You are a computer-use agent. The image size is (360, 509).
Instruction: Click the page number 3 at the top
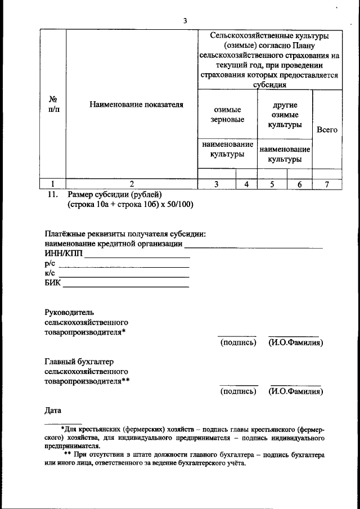[184, 21]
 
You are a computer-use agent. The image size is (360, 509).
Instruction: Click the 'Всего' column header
[327, 130]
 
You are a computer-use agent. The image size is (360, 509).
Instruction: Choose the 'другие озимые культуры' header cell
[285, 115]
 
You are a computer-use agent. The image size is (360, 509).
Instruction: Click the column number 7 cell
[327, 184]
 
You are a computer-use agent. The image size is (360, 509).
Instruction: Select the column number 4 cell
[246, 184]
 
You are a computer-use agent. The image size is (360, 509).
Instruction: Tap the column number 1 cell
[52, 184]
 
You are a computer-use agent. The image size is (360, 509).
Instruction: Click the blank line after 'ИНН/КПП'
[137, 256]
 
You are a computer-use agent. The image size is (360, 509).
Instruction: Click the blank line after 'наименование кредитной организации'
[254, 247]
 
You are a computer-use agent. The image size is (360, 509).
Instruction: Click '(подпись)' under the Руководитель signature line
[238, 343]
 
